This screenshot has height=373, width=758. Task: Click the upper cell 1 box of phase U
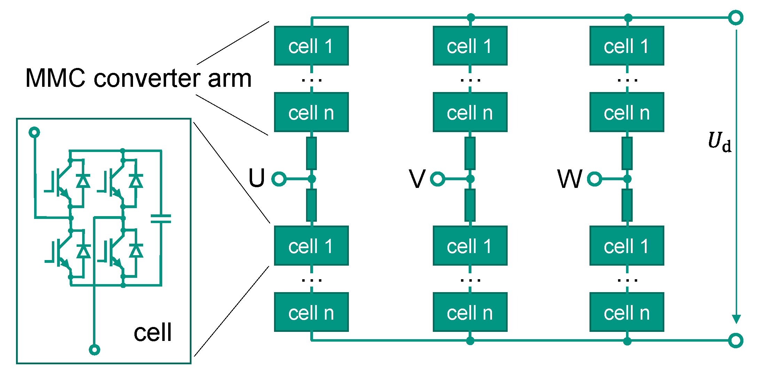[x=311, y=46]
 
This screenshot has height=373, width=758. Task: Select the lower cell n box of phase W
[x=627, y=312]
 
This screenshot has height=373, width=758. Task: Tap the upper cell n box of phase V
[x=470, y=112]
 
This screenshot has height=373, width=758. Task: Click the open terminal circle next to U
[x=279, y=179]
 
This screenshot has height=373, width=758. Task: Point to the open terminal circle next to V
[x=437, y=179]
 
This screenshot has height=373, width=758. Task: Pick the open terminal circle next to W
[x=594, y=179]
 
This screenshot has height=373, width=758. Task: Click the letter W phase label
[x=570, y=179]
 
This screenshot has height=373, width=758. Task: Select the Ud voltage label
[x=719, y=142]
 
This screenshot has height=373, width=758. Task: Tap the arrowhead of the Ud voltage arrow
[x=736, y=319]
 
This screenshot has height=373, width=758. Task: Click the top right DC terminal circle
[x=736, y=17]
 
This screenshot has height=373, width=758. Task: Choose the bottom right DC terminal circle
[x=736, y=341]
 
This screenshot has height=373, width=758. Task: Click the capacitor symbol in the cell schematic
[x=161, y=219]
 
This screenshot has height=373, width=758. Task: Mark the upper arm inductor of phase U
[x=311, y=153]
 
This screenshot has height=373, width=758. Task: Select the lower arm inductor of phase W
[x=627, y=205]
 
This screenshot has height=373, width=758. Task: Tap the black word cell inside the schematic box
[x=153, y=332]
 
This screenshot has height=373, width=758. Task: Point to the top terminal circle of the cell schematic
[x=34, y=132]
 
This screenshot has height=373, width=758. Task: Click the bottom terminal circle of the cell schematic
[x=94, y=349]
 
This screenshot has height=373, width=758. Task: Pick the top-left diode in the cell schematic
[x=83, y=181]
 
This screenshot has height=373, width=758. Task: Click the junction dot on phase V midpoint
[x=470, y=179]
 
